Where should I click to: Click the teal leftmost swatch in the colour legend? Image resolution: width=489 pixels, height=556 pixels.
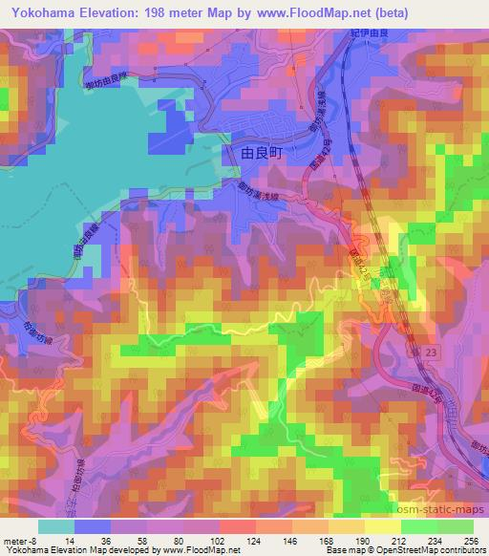coord(56,525)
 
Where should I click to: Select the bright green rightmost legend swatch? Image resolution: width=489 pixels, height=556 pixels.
coord(455,525)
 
